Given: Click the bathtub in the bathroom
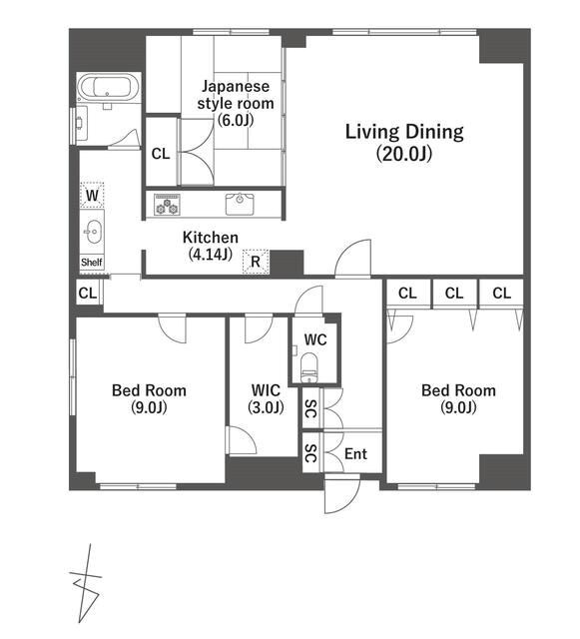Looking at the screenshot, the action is pos(108,87).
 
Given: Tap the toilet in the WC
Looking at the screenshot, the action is pos(308,368).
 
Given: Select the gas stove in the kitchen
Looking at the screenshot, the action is pos(167,204).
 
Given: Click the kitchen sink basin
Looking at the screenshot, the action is pos(240,204).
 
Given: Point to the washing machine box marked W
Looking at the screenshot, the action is pos(92,196).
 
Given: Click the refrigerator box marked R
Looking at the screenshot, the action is pos(256,262).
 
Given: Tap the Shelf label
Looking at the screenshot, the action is pos(92,262).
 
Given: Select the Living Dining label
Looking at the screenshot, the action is pos(404,142).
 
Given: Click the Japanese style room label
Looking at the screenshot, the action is pos(236,103).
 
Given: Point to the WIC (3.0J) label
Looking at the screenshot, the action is pos(266,398).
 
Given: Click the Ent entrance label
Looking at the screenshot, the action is pos(355,453).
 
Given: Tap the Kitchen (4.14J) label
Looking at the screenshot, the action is pos(211,246).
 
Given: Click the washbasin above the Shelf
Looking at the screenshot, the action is pos(93,232).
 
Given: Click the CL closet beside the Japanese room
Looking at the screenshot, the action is pos(161,154).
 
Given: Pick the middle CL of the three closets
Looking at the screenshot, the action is pos(454,293).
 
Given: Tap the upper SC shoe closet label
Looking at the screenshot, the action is pos(310,408).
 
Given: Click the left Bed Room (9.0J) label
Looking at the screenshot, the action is pos(149,398).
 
